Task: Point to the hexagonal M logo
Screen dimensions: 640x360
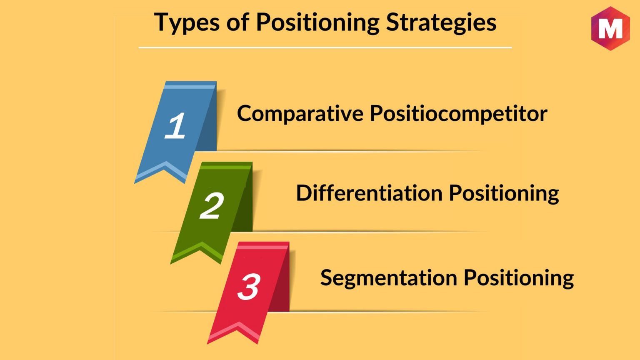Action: point(610,28)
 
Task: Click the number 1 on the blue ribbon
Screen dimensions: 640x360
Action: point(175,125)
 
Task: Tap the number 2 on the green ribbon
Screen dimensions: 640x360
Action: point(211,205)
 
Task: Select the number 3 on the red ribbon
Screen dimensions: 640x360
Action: point(249,286)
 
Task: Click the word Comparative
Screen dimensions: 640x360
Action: point(300,114)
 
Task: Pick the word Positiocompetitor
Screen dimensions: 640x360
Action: point(459,114)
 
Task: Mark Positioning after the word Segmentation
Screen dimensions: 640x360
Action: point(519,278)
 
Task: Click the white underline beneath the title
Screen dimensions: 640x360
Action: point(325,48)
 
